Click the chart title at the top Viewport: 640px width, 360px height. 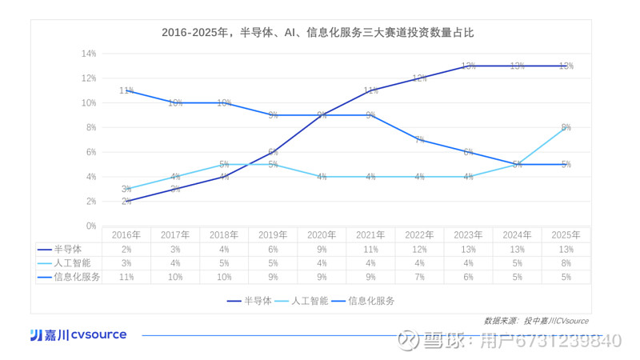tap(318, 33)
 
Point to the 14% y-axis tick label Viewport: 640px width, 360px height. tap(88, 54)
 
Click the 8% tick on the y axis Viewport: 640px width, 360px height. tap(90, 127)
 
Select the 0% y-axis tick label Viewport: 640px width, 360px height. tap(90, 226)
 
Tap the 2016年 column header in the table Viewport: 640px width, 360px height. tap(126, 235)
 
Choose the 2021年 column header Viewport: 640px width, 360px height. tap(370, 235)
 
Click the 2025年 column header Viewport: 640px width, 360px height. tap(566, 235)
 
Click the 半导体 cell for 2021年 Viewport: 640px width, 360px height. tap(370, 249)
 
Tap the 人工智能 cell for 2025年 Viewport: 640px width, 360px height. tap(566, 262)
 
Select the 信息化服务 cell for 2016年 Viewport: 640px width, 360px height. tap(126, 277)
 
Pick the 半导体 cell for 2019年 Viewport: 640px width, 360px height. tap(273, 249)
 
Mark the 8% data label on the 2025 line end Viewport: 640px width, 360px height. tap(566, 127)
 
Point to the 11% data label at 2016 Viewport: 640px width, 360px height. tap(126, 90)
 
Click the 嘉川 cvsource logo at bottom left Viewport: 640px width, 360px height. tap(78, 334)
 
